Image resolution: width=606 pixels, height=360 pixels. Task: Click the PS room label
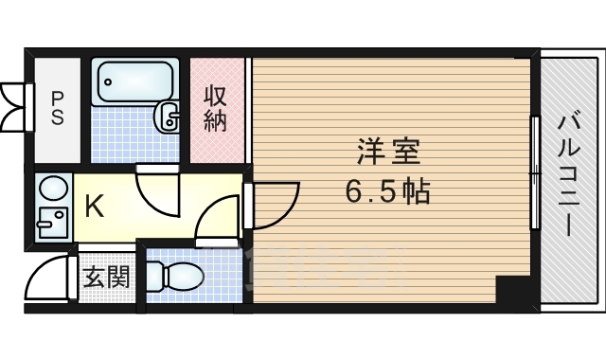click(x=57, y=108)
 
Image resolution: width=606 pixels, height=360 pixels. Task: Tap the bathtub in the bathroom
click(x=134, y=81)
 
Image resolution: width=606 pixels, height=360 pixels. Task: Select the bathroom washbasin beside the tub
click(x=167, y=116)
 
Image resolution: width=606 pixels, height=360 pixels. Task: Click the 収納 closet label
click(x=215, y=109)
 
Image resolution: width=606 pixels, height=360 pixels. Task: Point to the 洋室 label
click(x=388, y=152)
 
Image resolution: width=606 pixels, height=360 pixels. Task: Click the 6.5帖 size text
click(x=387, y=192)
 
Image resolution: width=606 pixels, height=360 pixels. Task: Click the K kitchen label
click(x=95, y=207)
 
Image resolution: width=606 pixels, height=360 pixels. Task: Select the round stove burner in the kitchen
click(x=54, y=188)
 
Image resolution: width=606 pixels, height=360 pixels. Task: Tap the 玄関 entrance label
click(x=106, y=278)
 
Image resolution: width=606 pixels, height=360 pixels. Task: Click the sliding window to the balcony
click(x=535, y=172)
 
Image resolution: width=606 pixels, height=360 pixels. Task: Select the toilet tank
click(x=156, y=276)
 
